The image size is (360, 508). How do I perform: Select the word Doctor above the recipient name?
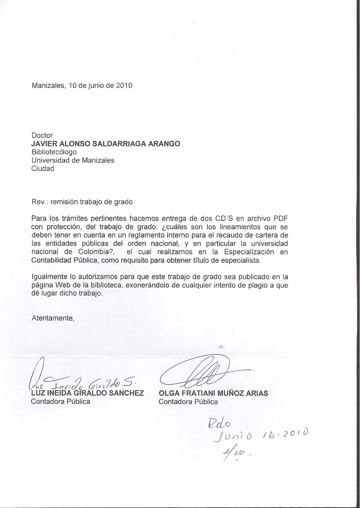click(x=42, y=136)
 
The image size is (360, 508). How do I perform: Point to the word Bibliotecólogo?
click(x=54, y=152)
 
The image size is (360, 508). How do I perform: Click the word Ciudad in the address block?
click(x=42, y=168)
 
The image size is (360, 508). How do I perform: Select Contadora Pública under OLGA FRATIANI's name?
click(x=188, y=401)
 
